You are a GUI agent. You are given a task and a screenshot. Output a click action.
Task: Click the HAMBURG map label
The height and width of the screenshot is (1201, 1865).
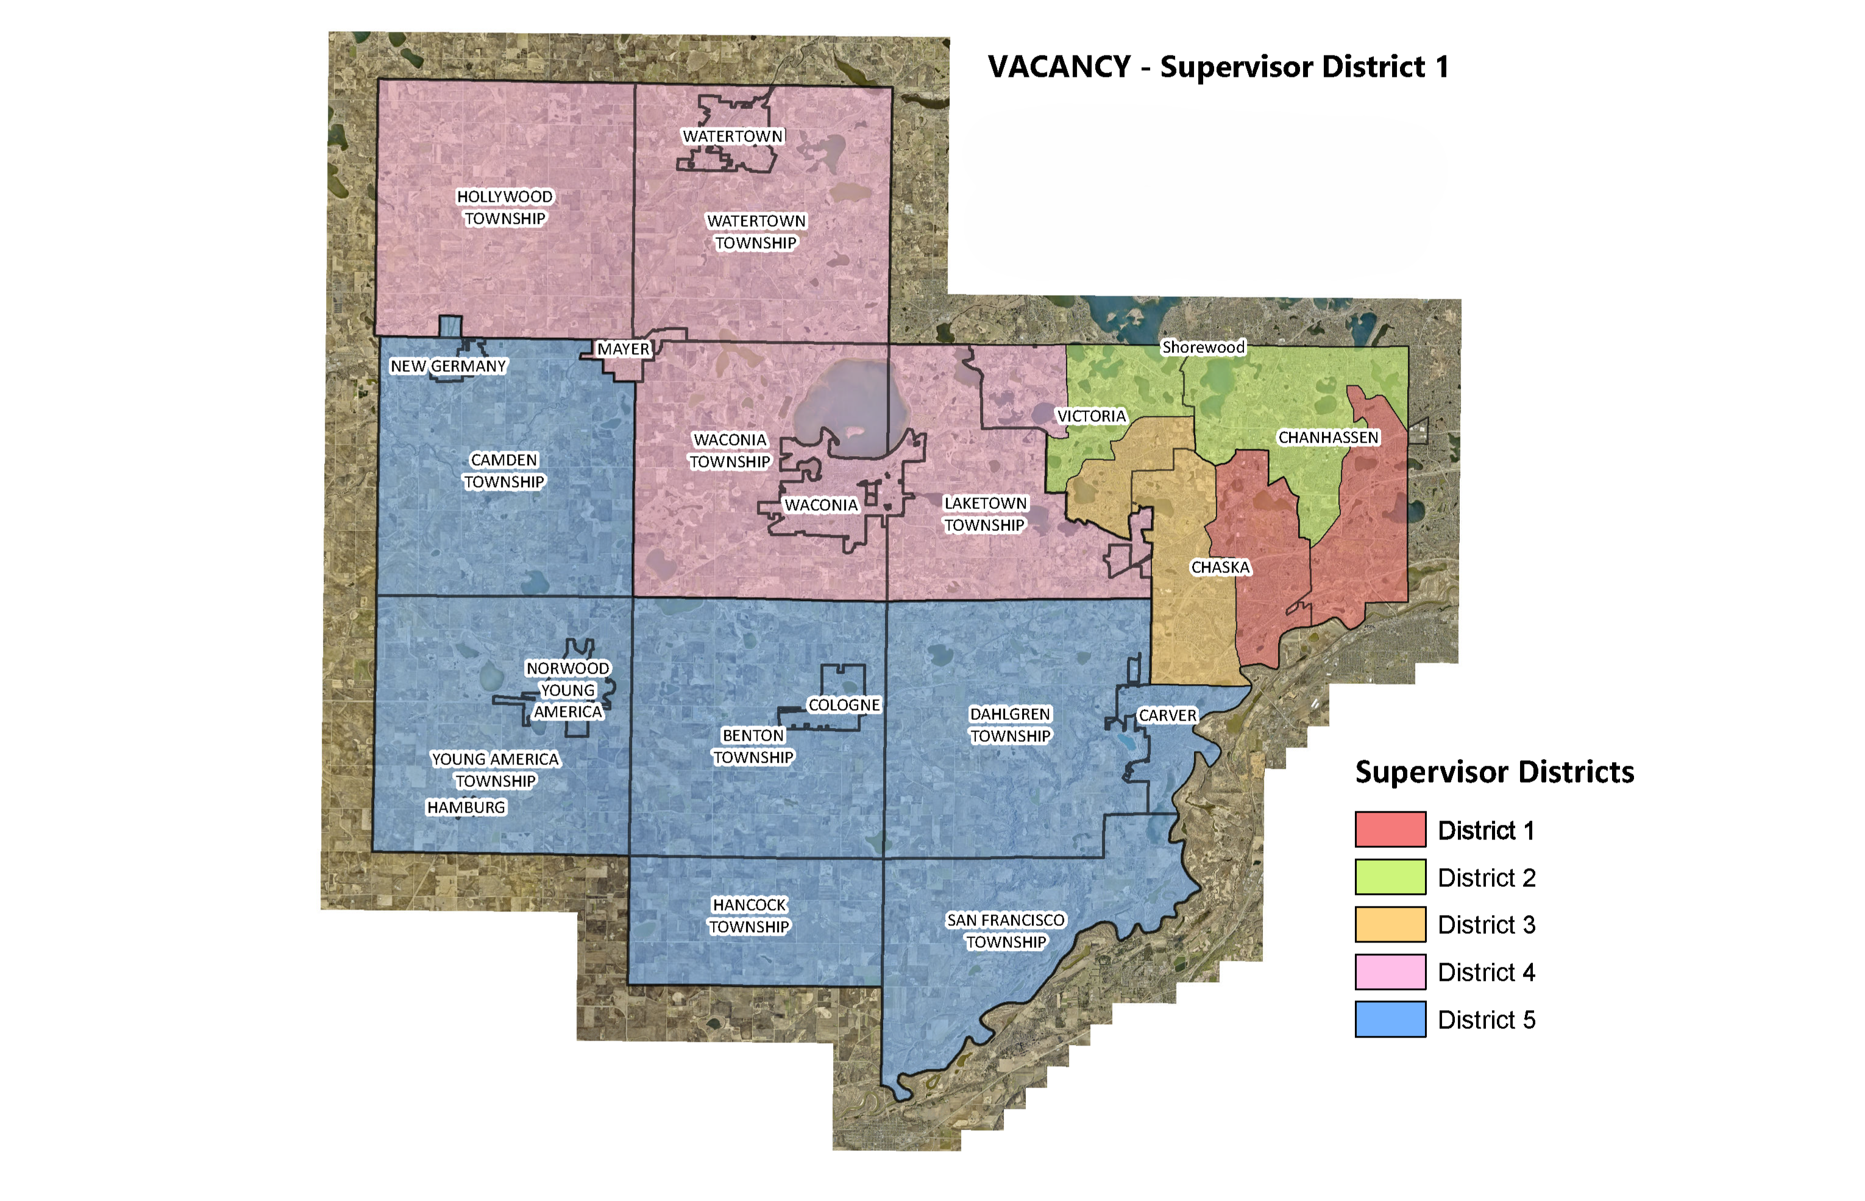point(466,807)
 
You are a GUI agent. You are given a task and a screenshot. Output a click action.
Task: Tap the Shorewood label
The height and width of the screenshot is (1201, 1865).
point(1203,347)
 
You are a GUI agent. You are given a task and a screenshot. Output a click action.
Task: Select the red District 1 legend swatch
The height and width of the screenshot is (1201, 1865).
point(1390,829)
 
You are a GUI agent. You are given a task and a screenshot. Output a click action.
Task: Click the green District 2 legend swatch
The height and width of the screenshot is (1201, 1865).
point(1390,877)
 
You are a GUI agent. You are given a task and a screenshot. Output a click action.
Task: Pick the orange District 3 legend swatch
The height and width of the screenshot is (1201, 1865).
point(1390,924)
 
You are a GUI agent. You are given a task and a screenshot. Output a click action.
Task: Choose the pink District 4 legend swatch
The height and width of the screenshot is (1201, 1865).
point(1390,972)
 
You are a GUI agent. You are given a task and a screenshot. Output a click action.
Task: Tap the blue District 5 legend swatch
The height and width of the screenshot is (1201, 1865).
point(1390,1019)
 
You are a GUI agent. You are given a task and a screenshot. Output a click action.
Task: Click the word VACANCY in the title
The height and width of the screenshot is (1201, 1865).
point(1059,67)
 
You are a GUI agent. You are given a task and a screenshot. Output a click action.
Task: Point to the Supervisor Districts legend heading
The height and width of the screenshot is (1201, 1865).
point(1494,772)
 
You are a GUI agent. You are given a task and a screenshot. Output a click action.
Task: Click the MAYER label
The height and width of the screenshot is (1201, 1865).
point(623,349)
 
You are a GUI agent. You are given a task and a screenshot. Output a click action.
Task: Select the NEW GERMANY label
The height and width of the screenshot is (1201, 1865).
point(449,366)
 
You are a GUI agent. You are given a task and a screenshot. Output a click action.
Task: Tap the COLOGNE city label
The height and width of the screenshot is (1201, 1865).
point(844,705)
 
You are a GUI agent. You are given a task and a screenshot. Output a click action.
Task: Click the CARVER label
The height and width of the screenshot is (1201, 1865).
point(1167,715)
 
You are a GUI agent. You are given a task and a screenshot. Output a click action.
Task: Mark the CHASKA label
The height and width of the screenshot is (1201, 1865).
point(1220,567)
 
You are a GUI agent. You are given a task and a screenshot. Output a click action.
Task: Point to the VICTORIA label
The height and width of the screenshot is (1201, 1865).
point(1091,416)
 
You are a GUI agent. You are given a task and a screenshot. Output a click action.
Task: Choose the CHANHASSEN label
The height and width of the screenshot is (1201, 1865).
point(1328,438)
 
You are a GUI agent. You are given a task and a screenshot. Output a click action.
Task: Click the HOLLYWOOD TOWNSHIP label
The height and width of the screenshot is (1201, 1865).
point(505,207)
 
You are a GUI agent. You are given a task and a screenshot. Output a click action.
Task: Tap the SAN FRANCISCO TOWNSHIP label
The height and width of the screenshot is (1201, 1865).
point(1005,930)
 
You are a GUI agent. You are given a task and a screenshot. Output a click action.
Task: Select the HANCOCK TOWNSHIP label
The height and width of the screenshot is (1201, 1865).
point(749,916)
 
